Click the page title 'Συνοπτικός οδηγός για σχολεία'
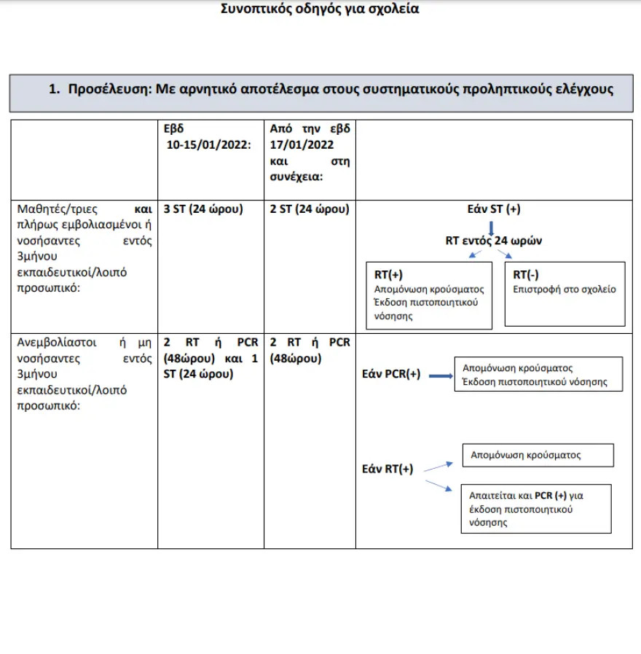pos(320,9)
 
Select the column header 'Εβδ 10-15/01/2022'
pos(209,136)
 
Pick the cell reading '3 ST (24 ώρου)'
pos(203,209)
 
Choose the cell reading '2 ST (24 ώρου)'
pos(309,209)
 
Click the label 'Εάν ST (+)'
pos(494,209)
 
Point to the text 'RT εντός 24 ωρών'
pos(494,240)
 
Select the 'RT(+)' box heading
pos(388,275)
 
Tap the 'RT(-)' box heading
pos(527,274)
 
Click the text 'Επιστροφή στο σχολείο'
pos(565,289)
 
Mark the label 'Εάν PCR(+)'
pos(391,375)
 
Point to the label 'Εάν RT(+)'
pos(388,469)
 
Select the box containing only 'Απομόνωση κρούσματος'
pos(538,455)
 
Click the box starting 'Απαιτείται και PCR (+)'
pos(535,508)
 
